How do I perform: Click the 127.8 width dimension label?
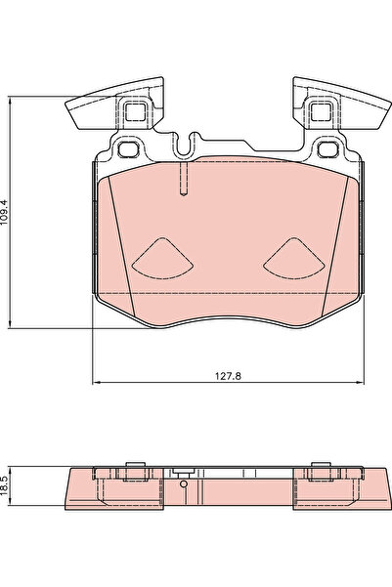click(x=227, y=372)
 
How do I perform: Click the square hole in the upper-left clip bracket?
click(x=134, y=110)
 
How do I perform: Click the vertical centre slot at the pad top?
click(x=183, y=182)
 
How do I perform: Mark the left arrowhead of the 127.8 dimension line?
click(x=95, y=382)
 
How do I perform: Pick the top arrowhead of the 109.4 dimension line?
click(x=12, y=99)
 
